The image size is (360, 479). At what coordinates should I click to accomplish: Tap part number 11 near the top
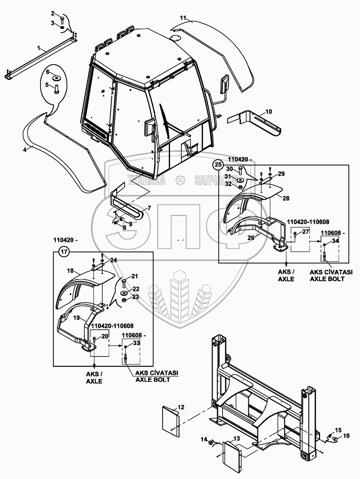coord(183,18)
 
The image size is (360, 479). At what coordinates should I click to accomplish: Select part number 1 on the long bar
coord(39,49)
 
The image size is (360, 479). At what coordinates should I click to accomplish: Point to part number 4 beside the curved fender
coord(25,149)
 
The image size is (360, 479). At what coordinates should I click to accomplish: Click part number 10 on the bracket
coord(268,112)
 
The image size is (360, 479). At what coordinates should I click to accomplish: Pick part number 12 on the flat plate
coord(181,407)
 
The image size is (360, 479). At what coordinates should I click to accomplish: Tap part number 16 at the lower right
coord(346,435)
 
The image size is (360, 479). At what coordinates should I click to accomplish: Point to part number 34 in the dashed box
coord(335,241)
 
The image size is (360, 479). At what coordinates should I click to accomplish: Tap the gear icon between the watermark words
coord(180,180)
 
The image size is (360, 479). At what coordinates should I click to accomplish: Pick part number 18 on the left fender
coord(71,270)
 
